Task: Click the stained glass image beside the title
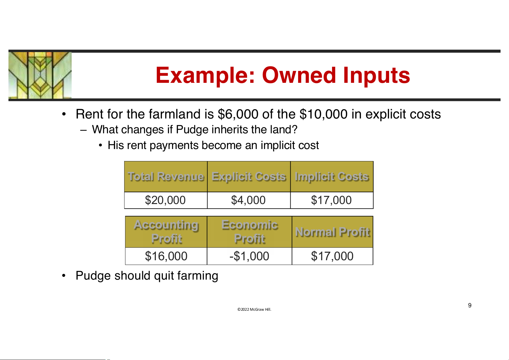(x=40, y=75)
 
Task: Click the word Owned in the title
(x=298, y=75)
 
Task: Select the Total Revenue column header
(x=166, y=177)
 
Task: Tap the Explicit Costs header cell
(x=249, y=177)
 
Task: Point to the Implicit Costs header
(x=332, y=177)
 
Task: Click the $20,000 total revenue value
(x=165, y=200)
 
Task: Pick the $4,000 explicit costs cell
(x=248, y=200)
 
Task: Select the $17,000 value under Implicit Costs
(x=331, y=200)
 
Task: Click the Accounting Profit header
(x=166, y=232)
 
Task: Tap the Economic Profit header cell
(x=250, y=232)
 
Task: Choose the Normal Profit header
(x=333, y=232)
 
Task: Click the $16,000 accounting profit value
(x=166, y=256)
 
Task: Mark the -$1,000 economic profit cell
(x=249, y=256)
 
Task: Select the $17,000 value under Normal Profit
(x=332, y=256)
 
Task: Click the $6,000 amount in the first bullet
(x=238, y=114)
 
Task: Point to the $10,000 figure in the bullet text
(x=323, y=114)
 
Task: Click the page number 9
(x=470, y=305)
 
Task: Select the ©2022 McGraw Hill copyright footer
(x=254, y=309)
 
